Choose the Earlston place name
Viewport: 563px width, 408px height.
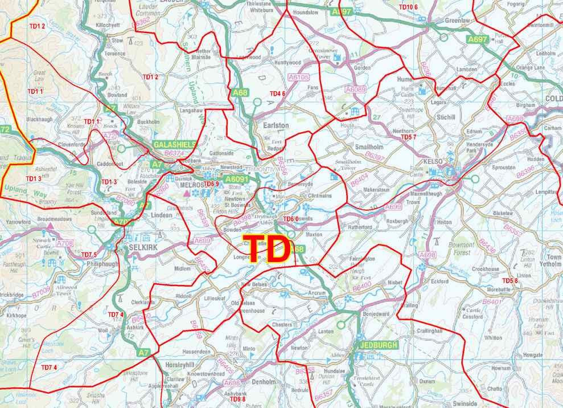coord(276,125)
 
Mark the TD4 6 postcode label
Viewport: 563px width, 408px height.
coord(277,93)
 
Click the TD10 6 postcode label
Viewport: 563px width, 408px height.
coord(408,7)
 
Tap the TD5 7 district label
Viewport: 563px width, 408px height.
coord(409,137)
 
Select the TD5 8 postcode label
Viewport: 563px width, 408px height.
coord(510,281)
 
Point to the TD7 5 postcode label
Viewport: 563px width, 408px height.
coord(89,254)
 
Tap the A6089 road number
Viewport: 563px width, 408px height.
coord(356,89)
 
